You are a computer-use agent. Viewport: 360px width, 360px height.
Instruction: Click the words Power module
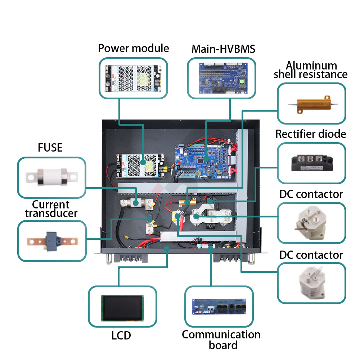coord(133,48)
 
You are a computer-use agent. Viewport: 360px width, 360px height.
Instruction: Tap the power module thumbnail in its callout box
coord(133,77)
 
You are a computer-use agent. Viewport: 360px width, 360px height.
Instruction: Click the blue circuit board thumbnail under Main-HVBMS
coord(221,77)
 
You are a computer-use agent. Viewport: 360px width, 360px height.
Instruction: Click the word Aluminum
coord(311,66)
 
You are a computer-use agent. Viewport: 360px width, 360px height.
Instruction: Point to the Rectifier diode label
coord(311,134)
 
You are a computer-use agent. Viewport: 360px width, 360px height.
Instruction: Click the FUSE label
coord(50,147)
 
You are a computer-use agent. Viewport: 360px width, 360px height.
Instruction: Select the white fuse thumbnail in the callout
coord(51,176)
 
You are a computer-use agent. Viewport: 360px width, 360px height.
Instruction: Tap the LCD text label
coord(121,336)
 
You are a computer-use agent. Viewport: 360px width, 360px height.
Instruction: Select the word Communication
coord(221,334)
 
